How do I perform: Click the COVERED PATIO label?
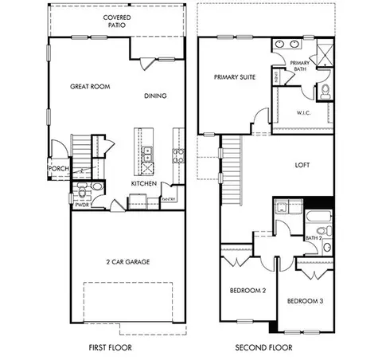pyautogui.click(x=118, y=22)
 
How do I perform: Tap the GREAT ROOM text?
pyautogui.click(x=89, y=86)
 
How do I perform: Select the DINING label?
pyautogui.click(x=156, y=96)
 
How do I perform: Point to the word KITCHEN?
pyautogui.click(x=145, y=184)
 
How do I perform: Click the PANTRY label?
pyautogui.click(x=168, y=199)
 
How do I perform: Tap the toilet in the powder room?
pyautogui.click(x=96, y=188)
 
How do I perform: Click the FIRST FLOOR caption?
pyautogui.click(x=110, y=347)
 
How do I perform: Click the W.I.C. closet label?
pyautogui.click(x=303, y=112)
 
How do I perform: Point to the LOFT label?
pyautogui.click(x=301, y=166)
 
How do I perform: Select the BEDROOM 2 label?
pyautogui.click(x=248, y=290)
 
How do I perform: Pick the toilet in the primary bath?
pyautogui.click(x=325, y=93)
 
